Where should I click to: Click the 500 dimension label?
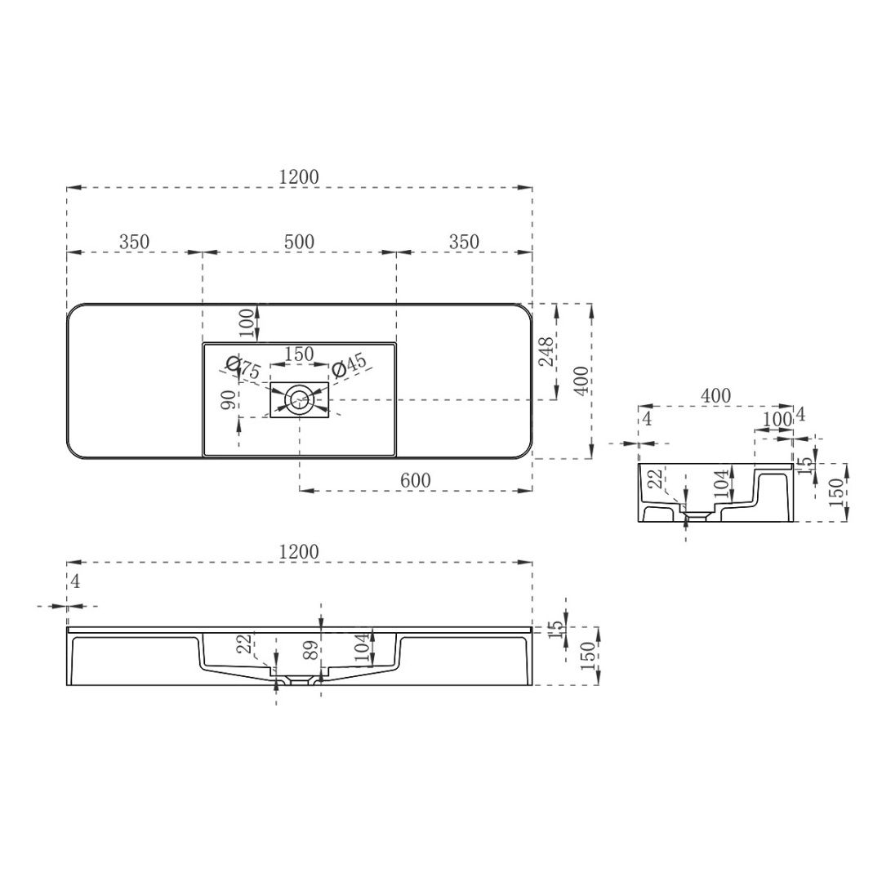[299, 242]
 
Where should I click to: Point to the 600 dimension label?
[416, 480]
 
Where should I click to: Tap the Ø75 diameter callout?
[243, 367]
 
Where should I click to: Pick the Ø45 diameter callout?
[349, 367]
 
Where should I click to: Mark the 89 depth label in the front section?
[310, 650]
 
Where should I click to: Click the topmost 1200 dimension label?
[299, 176]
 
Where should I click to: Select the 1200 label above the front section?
[299, 552]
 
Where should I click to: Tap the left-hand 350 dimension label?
[134, 242]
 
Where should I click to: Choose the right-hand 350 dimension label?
[464, 242]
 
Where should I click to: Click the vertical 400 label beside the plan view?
[579, 381]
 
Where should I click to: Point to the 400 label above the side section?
[715, 395]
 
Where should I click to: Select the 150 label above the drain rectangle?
[299, 354]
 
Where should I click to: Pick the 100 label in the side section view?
[774, 419]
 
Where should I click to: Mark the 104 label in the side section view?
[723, 485]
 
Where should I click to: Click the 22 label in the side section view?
[653, 480]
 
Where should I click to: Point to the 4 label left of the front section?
[76, 581]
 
